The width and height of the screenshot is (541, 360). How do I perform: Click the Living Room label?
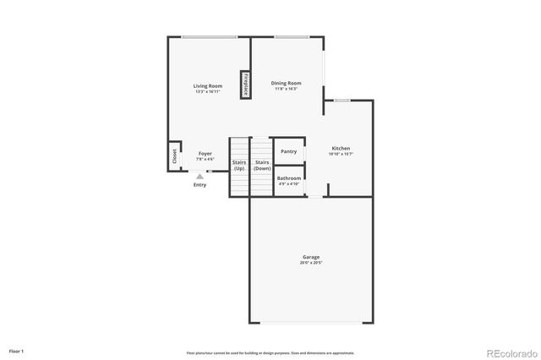point(207,85)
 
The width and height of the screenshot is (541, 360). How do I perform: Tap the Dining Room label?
point(287,83)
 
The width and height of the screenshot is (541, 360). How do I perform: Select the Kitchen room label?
point(340,148)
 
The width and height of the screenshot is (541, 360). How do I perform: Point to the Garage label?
point(311,257)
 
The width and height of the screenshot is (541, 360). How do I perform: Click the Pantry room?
point(288,151)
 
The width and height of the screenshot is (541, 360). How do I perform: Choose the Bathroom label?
point(288,178)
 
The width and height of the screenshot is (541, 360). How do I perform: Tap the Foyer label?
point(205,154)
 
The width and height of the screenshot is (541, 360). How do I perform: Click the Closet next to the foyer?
point(175,155)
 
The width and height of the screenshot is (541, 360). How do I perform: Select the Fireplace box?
point(245,85)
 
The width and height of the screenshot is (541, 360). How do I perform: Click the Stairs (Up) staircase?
point(239,166)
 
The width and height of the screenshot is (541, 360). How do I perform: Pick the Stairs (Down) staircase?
point(262,166)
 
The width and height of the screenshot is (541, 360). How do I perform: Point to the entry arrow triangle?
point(199,177)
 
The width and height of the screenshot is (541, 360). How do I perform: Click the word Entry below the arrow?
point(199,185)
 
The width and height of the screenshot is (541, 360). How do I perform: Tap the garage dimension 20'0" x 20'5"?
point(311,263)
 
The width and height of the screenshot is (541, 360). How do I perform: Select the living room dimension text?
point(207,91)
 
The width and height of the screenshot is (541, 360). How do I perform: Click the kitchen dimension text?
point(340,154)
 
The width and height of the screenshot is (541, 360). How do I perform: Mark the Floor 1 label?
point(17,350)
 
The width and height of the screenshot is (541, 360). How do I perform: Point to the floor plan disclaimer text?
point(270,352)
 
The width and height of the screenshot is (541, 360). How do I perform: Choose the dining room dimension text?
point(287,89)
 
